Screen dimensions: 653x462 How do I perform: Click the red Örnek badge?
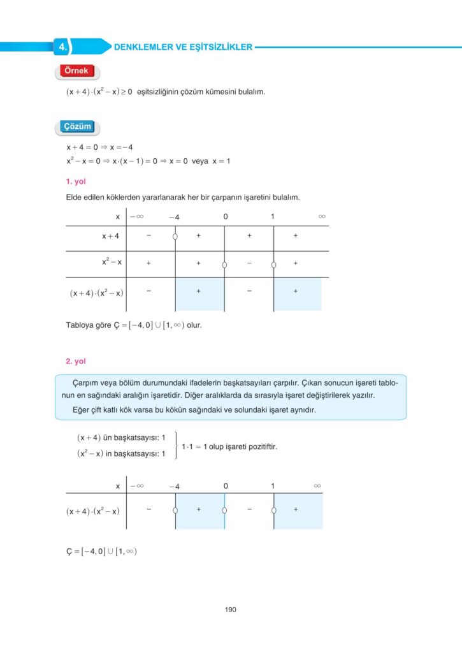[x=75, y=71]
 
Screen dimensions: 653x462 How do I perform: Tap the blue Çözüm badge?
[x=77, y=127]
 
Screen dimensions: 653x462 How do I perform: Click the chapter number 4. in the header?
[x=62, y=47]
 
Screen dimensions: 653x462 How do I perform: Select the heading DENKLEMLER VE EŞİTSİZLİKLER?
[x=182, y=47]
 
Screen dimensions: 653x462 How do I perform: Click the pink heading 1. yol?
[x=76, y=182]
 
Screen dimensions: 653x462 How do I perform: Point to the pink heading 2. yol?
[x=76, y=361]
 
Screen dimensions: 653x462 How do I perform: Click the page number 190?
[x=231, y=610]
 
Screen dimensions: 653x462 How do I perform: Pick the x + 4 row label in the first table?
[x=111, y=236]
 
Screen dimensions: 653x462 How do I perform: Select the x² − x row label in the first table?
[x=112, y=262]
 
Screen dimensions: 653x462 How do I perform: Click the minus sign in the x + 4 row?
[x=148, y=236]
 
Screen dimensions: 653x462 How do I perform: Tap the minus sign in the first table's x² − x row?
[x=249, y=262]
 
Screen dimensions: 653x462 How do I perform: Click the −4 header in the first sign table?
[x=174, y=217]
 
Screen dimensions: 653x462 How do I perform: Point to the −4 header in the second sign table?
[x=174, y=487]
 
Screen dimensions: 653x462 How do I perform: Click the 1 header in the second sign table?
[x=273, y=487]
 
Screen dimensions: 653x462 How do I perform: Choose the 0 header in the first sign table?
[x=225, y=217]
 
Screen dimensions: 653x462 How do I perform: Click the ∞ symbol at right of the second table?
[x=317, y=487]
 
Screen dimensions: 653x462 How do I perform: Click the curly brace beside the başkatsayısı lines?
[x=176, y=446]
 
